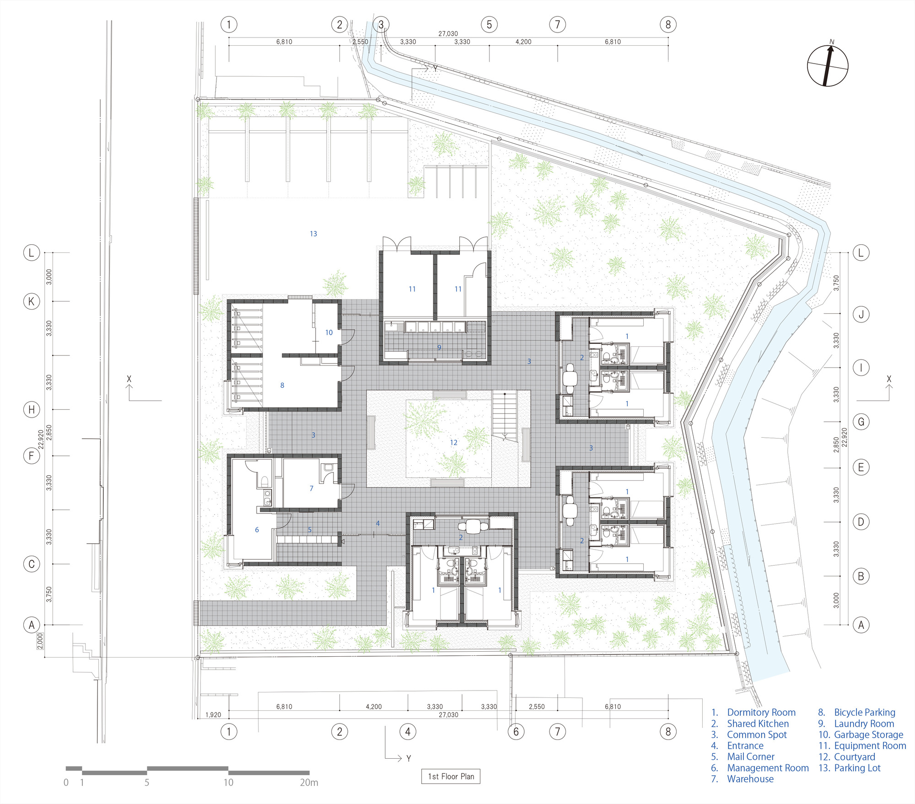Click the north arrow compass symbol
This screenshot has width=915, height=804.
(x=828, y=65)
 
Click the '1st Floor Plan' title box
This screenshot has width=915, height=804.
(x=451, y=776)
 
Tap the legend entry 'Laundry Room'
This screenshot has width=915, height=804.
(x=864, y=724)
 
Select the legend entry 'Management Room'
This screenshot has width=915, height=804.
(x=768, y=768)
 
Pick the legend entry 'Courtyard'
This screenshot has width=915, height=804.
(x=855, y=757)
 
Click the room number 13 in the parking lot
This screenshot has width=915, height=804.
(x=313, y=234)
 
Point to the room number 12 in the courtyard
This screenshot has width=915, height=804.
(x=453, y=442)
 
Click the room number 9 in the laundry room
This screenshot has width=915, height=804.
(x=439, y=348)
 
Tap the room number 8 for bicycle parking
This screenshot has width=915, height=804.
(x=282, y=385)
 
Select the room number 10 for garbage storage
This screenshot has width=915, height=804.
(x=329, y=332)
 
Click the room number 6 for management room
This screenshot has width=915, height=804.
(x=257, y=530)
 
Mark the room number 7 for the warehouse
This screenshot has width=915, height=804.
(x=312, y=488)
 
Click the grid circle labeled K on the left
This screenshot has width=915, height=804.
(x=32, y=301)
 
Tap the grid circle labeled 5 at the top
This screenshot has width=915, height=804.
(x=489, y=24)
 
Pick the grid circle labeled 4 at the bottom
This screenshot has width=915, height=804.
(x=408, y=732)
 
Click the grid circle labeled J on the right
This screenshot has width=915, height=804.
(x=861, y=314)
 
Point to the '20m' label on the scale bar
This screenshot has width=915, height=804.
(x=309, y=783)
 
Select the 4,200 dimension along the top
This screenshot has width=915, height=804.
(x=523, y=42)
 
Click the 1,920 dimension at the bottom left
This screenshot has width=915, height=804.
(x=213, y=715)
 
